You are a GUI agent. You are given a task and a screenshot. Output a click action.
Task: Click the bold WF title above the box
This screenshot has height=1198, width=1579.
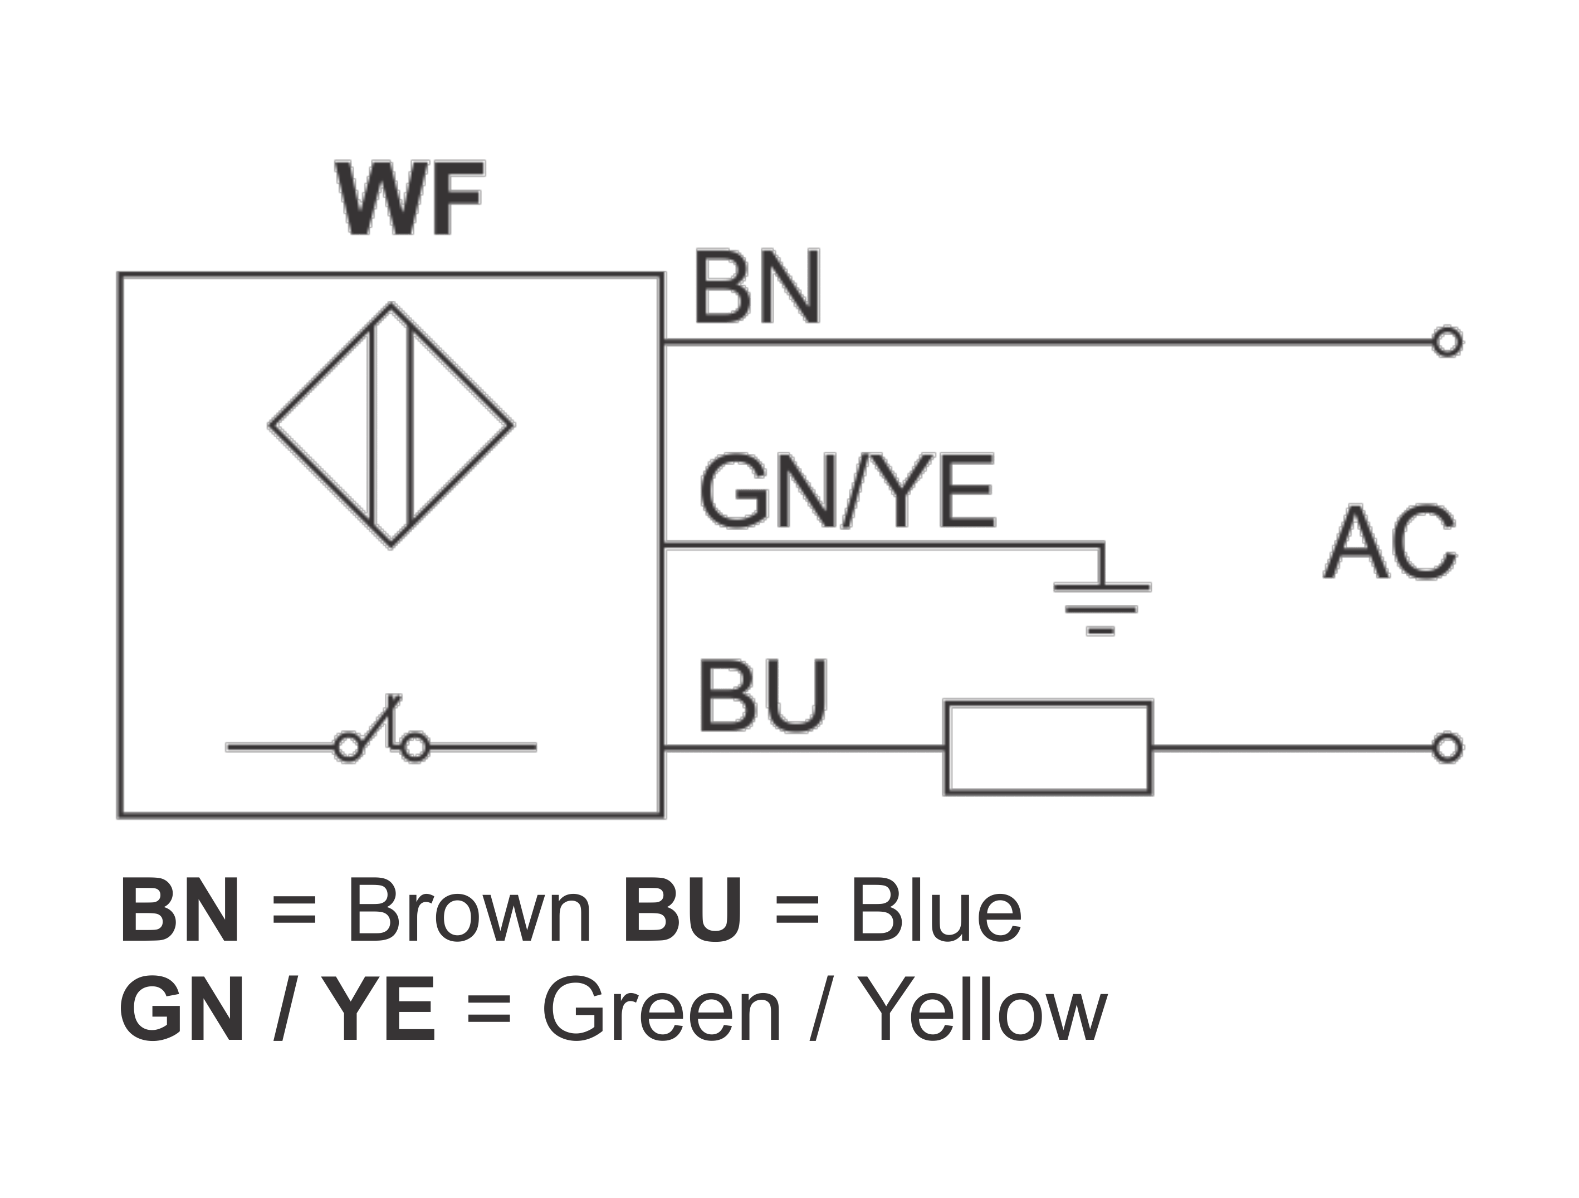pos(410,198)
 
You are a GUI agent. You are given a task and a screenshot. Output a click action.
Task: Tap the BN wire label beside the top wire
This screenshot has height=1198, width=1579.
pos(757,287)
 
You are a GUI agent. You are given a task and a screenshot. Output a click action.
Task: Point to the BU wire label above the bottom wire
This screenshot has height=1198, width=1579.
pos(762,696)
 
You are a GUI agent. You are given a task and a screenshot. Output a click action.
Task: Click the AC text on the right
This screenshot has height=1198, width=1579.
pos(1389,542)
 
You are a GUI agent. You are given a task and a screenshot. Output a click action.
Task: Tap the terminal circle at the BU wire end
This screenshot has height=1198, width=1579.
pos(1447,748)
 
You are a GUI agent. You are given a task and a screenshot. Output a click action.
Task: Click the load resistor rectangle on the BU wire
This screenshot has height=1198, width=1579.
pos(1048,748)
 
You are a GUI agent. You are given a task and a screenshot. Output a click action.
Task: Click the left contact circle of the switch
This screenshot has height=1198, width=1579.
pos(348,748)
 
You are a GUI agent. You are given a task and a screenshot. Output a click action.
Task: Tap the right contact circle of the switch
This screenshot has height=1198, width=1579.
pos(415,748)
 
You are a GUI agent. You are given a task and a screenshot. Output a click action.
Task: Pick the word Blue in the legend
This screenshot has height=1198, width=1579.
pos(936,912)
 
